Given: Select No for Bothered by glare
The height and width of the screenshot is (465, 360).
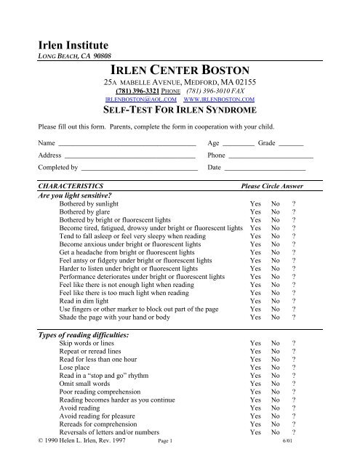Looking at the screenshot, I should tap(276, 216).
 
